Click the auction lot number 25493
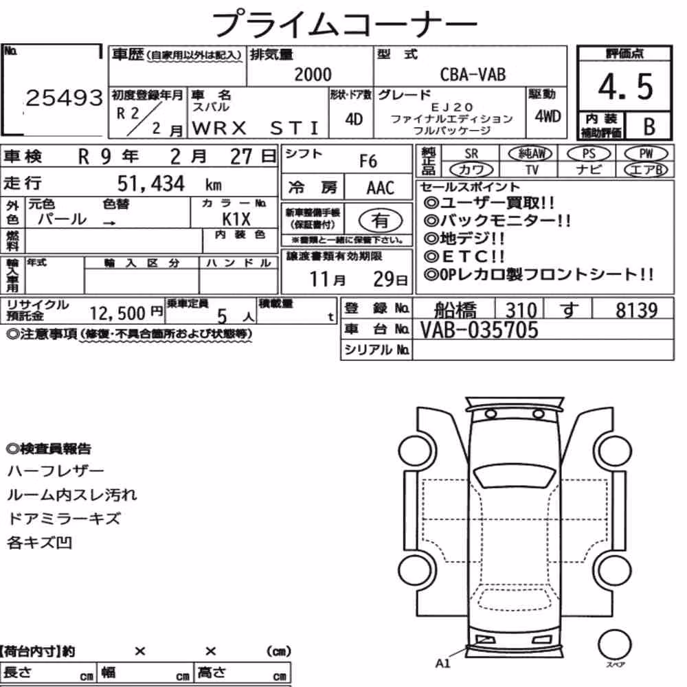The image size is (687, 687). pos(65,98)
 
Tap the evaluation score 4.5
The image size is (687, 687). pos(625,87)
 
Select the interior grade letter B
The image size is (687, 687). pos(649,126)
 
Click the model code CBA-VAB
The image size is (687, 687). pos(473,74)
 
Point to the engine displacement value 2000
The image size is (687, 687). pos(313,74)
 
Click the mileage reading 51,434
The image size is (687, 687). pos(150,183)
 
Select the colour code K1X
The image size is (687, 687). pos(236,218)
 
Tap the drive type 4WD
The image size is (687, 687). pos(548,116)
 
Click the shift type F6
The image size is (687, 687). pos(368,161)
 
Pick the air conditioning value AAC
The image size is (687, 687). pos(381,188)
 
